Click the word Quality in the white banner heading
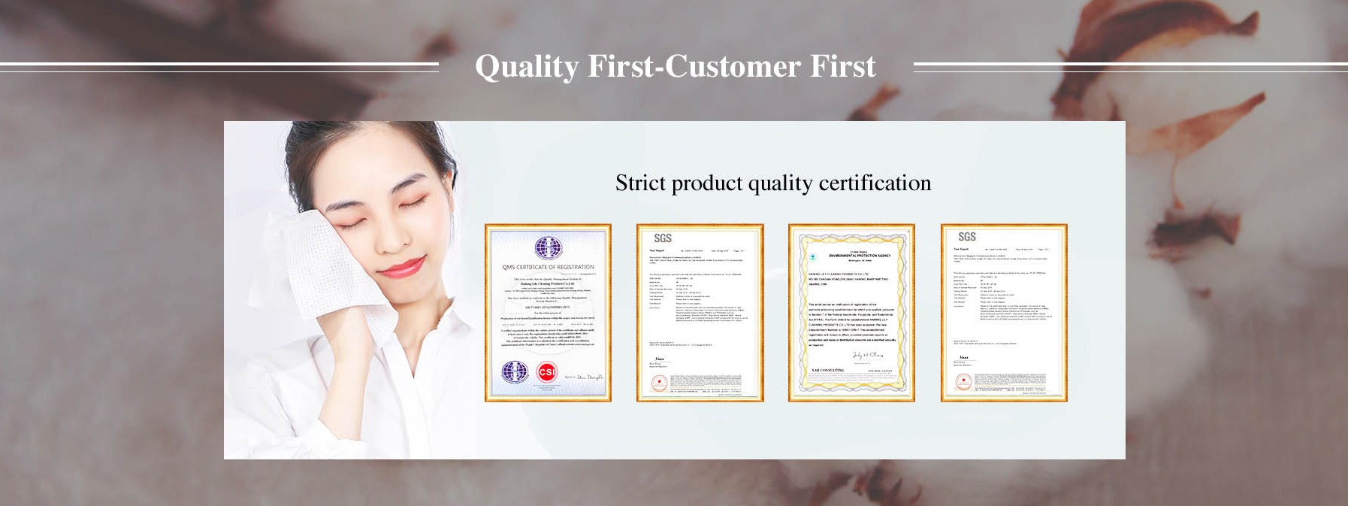tap(527, 67)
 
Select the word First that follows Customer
tap(842, 67)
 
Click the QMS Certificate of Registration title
tap(548, 267)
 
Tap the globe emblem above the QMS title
tap(548, 248)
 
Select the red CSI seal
tap(546, 372)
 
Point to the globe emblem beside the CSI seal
tap(515, 371)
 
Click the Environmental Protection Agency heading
tap(859, 256)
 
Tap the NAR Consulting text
tap(827, 371)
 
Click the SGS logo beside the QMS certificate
tap(662, 238)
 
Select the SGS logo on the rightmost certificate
tap(966, 237)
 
